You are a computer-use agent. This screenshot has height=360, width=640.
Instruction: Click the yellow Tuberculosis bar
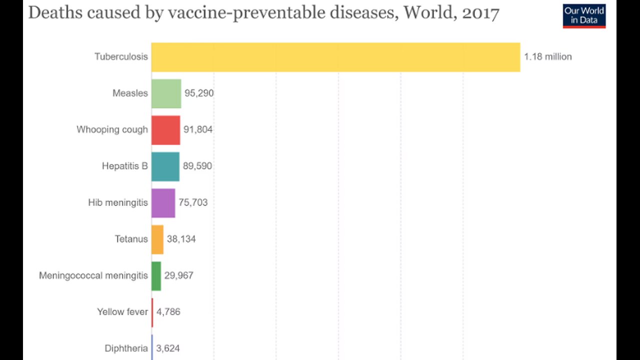click(x=335, y=57)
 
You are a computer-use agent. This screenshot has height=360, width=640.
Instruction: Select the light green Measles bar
click(x=166, y=93)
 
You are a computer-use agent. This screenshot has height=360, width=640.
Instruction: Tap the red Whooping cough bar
click(x=165, y=130)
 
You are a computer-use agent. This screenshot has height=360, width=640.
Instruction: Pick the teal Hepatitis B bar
click(x=165, y=166)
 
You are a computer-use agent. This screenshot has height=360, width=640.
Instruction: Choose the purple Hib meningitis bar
click(x=163, y=203)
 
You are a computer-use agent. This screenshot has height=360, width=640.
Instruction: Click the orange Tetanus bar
click(x=157, y=239)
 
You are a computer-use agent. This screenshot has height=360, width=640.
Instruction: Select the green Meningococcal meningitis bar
click(x=156, y=276)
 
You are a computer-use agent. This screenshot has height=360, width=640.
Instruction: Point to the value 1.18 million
click(x=547, y=57)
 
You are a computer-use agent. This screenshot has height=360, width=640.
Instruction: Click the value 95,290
click(x=199, y=93)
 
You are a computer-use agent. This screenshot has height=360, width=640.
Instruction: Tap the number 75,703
click(x=193, y=203)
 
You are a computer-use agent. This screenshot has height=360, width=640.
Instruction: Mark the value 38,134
click(x=181, y=239)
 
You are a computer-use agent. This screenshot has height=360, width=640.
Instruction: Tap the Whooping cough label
click(x=112, y=130)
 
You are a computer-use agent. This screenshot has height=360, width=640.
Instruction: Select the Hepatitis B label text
click(x=124, y=166)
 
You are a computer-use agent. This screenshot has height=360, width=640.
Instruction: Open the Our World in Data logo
click(x=584, y=16)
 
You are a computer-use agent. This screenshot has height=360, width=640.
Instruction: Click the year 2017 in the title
click(x=480, y=13)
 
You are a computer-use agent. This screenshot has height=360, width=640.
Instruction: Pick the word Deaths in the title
click(x=48, y=13)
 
